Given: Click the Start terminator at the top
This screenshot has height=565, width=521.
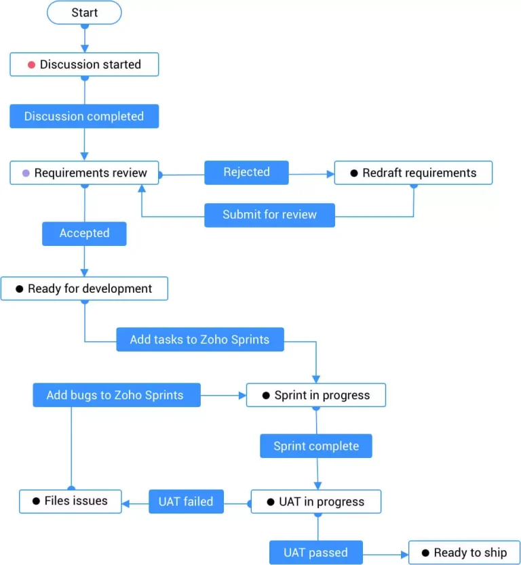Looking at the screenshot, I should [84, 12].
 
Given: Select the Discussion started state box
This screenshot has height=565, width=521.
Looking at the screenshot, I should [84, 64].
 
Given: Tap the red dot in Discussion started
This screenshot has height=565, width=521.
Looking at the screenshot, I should [31, 65].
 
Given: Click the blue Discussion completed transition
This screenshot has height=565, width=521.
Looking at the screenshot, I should [84, 116].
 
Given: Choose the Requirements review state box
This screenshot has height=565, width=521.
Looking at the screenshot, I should [84, 173].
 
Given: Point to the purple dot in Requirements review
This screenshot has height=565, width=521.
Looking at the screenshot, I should [26, 173].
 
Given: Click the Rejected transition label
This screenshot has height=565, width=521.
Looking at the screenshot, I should [246, 172].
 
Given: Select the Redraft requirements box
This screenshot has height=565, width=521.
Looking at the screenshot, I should [412, 173].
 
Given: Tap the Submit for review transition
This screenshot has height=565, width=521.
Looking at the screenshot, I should [269, 215].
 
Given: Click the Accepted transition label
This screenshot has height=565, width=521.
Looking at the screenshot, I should [84, 233].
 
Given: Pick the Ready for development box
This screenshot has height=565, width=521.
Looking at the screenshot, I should [84, 289].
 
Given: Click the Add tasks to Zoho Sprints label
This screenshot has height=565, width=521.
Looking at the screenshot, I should [199, 339].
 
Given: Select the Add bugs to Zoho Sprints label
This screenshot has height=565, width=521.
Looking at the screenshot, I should [116, 395].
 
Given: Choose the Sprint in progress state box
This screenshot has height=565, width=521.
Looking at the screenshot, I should [315, 395].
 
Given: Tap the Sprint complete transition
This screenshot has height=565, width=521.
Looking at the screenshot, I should [315, 446].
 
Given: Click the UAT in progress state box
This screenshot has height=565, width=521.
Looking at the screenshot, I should [315, 502].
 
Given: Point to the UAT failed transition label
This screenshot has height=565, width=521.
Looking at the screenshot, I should [186, 501].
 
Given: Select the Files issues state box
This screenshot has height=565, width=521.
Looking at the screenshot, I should [71, 501].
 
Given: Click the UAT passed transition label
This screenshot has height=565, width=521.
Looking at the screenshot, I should [315, 553].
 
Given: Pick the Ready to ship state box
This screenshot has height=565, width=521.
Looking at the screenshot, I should [464, 553].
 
